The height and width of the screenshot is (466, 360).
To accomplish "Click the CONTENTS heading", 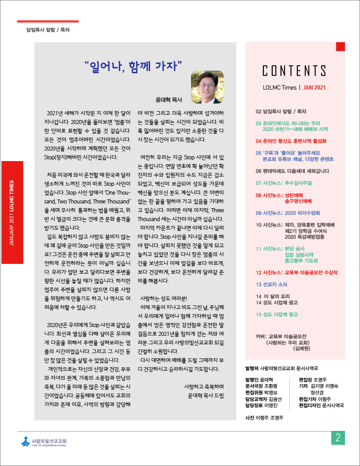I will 294,71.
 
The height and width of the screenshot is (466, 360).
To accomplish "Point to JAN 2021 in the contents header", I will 314,87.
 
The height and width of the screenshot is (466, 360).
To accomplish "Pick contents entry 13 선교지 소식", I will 271,284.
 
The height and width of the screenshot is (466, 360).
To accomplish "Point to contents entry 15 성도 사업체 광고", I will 277,315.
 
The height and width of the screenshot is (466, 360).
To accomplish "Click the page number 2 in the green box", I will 337,438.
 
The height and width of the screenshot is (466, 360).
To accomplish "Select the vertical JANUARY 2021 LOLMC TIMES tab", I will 12,212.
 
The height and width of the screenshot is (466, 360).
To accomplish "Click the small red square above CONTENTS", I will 340,46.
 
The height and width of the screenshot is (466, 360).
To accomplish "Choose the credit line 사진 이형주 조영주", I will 264,417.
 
